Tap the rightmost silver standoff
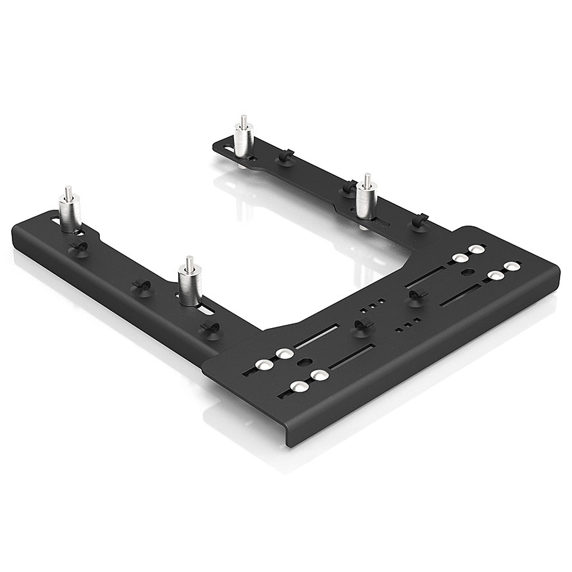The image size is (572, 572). (366, 200)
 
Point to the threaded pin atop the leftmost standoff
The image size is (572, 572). (68, 193)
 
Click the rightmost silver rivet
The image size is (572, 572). (511, 266)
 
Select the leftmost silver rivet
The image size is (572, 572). (264, 365)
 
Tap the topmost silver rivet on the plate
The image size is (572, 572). (477, 249)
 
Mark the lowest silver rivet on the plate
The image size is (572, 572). (300, 387)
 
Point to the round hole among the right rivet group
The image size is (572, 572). (467, 272)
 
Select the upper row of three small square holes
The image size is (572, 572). (371, 306)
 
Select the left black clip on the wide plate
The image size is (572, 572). (360, 325)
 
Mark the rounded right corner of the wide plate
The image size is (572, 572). (556, 270)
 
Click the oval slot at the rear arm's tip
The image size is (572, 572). (228, 149)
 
